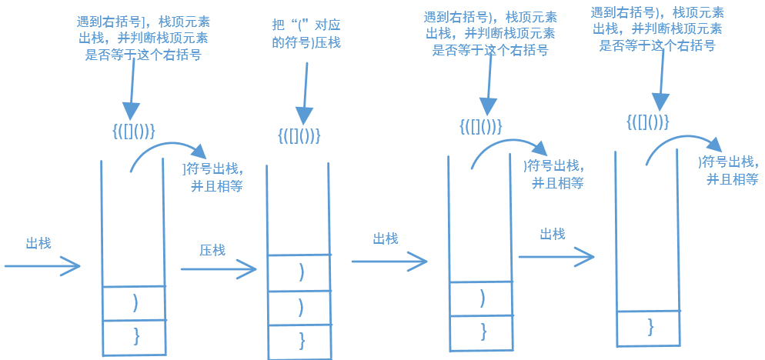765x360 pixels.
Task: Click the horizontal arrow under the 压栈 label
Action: [x=219, y=269]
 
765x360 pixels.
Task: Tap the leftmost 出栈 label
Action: [x=38, y=243]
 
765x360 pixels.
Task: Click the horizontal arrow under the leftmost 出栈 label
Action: [x=42, y=266]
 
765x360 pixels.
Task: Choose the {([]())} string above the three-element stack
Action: [x=299, y=135]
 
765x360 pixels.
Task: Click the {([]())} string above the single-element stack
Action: [x=647, y=122]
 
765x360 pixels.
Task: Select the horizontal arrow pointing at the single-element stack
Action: [x=556, y=256]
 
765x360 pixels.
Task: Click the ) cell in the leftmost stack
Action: [x=135, y=302]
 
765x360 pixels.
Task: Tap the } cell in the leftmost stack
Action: [x=135, y=336]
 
